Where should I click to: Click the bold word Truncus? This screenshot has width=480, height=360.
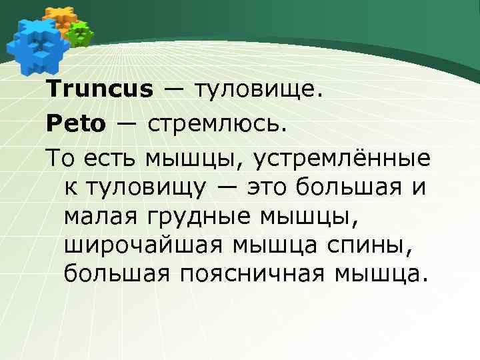click(99, 89)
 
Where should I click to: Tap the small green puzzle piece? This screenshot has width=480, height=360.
click(80, 32)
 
